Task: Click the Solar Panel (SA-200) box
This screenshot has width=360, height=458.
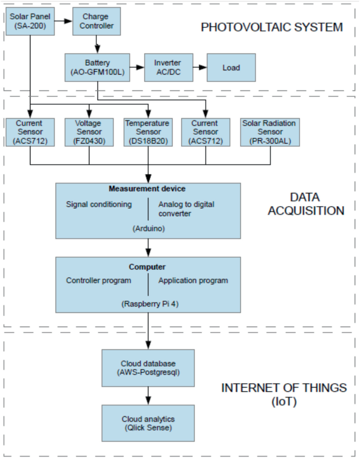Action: click(x=30, y=22)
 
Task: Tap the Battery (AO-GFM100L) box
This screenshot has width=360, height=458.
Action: click(x=97, y=67)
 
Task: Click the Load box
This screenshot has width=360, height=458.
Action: click(x=231, y=67)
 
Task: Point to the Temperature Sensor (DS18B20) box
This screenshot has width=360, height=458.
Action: click(x=148, y=132)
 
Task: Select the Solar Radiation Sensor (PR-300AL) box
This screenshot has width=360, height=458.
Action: click(x=269, y=132)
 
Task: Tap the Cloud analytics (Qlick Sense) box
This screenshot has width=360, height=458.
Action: click(x=148, y=423)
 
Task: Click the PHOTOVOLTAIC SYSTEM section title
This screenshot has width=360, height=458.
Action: click(x=272, y=27)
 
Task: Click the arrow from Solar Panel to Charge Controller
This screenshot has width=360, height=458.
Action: click(x=65, y=22)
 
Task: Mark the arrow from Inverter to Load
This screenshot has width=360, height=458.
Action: click(x=200, y=67)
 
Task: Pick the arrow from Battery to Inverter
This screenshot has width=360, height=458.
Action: click(x=137, y=67)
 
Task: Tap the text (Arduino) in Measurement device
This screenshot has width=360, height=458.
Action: click(x=148, y=228)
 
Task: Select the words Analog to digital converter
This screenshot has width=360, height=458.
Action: click(x=187, y=209)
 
